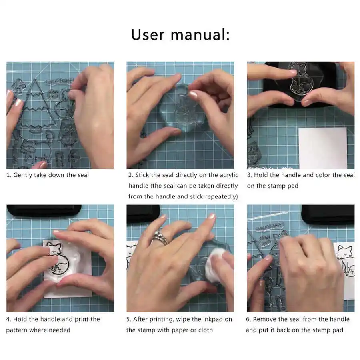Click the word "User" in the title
coord(148,35)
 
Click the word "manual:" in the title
coord(200,35)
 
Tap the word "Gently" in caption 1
coord(22,175)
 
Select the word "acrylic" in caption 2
coord(229,175)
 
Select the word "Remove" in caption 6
coord(264,319)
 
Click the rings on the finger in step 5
coord(161,237)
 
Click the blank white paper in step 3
coord(323,148)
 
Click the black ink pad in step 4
coord(44,210)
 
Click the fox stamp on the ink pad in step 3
coord(298,79)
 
